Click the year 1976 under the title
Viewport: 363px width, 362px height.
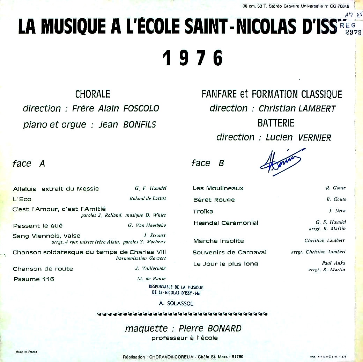(193, 58)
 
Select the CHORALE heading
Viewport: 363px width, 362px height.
(92, 94)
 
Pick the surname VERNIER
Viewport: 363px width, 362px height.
(314, 138)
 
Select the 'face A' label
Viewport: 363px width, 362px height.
(29, 164)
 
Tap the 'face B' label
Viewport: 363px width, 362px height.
(208, 163)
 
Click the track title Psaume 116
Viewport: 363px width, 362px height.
(34, 279)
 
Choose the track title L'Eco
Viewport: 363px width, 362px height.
(22, 199)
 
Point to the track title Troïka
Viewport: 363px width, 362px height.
(203, 211)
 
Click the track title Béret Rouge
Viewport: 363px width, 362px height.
(214, 200)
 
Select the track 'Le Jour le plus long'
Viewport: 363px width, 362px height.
(225, 264)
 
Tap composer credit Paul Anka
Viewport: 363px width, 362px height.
(333, 263)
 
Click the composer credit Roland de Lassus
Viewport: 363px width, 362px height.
(148, 198)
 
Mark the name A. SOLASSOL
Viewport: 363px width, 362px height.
(176, 304)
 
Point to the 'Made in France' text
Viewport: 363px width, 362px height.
(27, 352)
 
